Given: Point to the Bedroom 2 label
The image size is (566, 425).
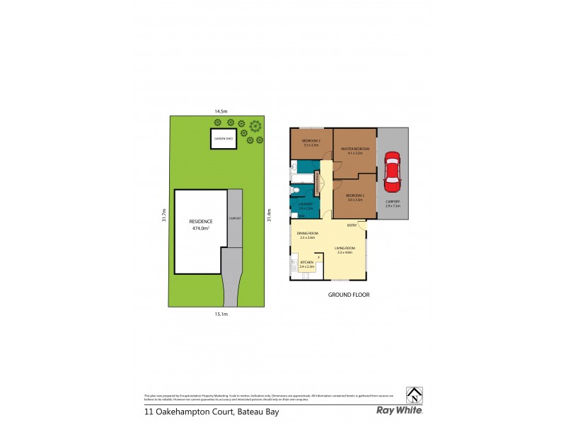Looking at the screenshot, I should tap(354, 198).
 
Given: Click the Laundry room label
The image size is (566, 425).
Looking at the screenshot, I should tap(306, 206).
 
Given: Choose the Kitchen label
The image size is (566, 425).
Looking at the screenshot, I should tap(307, 264).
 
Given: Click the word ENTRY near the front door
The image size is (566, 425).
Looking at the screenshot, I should tap(352, 225).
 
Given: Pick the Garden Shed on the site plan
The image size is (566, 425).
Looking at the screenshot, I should tap(224, 139).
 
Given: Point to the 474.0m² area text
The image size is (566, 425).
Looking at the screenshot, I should tap(201, 228).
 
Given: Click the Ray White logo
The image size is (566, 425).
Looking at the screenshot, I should tap(400, 410).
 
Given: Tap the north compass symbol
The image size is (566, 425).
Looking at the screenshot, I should tap(413, 394).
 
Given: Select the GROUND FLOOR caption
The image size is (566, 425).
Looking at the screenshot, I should tap(349, 294).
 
